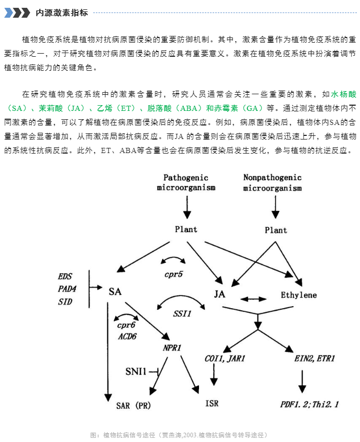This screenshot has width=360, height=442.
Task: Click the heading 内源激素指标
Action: pos(62,12)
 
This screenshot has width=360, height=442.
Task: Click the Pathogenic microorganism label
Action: pos(186,182)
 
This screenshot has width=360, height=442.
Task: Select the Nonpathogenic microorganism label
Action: pos(272,182)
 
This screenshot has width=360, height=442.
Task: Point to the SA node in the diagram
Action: pos(115,292)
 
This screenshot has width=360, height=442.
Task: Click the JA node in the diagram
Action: pos(219,294)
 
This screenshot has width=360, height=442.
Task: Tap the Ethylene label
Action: pos(299,295)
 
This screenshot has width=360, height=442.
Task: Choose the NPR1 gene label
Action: pos(172,348)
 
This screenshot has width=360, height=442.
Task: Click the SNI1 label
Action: pos(136,372)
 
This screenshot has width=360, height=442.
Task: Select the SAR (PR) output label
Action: pos(133,406)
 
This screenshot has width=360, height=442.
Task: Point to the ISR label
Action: pos(212,403)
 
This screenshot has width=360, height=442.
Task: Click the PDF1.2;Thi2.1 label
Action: pos(309,405)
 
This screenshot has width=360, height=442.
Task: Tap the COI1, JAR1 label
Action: pos(225,359)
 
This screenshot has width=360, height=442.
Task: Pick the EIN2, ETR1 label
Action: pos(315,359)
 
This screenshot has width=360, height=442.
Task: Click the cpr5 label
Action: pos(173,274)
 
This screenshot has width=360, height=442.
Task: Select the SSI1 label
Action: pos(182,313)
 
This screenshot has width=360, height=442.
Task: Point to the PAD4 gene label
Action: pos(67,289)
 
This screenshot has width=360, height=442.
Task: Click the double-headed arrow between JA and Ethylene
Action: pos(253,299)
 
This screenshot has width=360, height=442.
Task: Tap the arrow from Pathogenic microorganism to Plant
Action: pos(187,208)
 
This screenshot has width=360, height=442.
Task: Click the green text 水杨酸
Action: pos(344,94)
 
